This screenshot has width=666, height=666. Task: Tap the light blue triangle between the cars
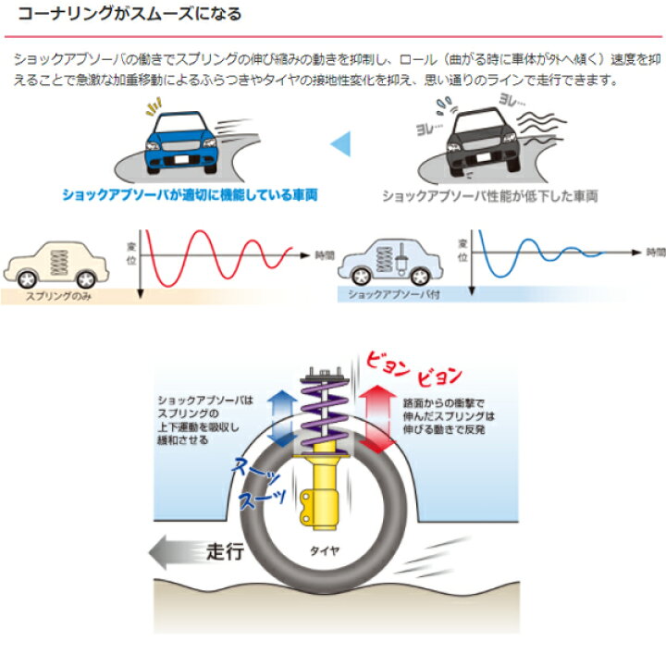pyautogui.click(x=341, y=142)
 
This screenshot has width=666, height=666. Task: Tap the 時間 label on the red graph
pyautogui.click(x=324, y=253)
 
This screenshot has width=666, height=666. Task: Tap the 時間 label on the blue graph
pyautogui.click(x=654, y=251)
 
